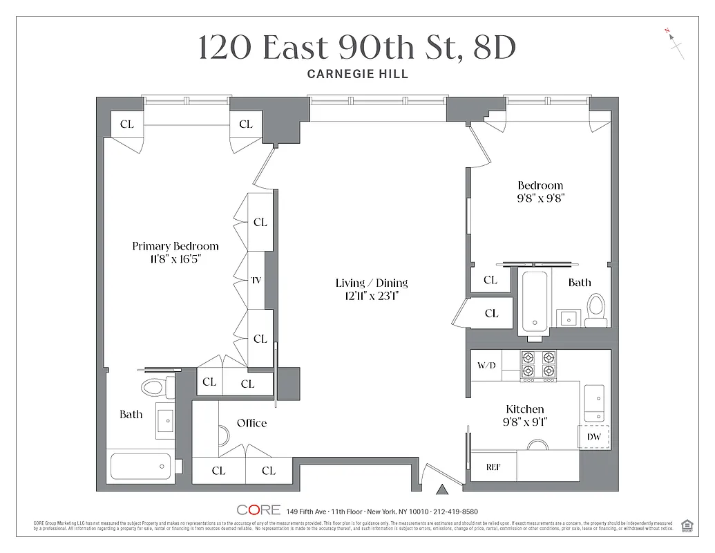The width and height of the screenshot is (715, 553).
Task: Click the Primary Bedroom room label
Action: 175,246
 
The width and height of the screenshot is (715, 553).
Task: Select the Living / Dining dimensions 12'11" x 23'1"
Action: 372,297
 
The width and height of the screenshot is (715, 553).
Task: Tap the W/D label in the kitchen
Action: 486,365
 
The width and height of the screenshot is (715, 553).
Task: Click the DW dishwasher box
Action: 593,437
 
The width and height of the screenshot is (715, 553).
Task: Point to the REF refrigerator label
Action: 493,467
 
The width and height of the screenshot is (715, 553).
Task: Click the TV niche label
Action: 256,281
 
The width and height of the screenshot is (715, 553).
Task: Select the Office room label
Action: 251,423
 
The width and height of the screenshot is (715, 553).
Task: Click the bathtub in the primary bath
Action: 142,467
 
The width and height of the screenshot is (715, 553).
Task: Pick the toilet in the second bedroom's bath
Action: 595,309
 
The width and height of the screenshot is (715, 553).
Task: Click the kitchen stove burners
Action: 538,365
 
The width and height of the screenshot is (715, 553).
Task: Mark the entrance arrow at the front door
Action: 442,490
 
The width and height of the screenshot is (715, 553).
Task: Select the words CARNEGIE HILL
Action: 357,74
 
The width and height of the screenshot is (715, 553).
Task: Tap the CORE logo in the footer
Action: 258,511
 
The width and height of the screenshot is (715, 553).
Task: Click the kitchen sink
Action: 594,403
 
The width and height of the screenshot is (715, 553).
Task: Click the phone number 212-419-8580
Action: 453,512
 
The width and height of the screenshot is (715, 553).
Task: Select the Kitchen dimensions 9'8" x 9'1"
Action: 525,421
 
